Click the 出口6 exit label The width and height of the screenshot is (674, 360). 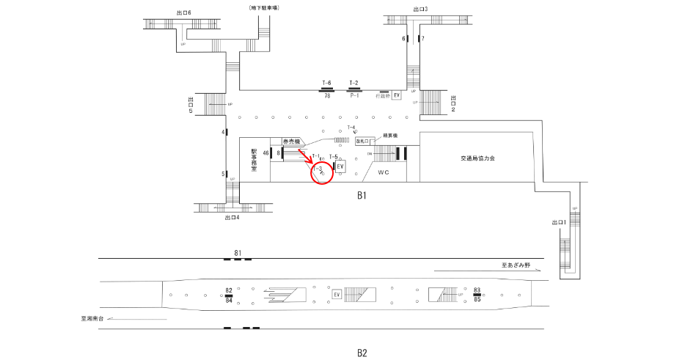(184, 12)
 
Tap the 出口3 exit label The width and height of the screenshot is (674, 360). (420, 10)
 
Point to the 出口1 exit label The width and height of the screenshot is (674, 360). (559, 222)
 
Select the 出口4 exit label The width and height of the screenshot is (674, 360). (233, 218)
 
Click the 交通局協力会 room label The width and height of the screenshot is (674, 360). (479, 158)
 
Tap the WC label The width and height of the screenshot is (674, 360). (383, 173)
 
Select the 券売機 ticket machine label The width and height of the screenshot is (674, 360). (293, 141)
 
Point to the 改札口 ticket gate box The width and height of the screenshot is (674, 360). (365, 141)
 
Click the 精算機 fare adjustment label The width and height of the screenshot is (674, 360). (389, 136)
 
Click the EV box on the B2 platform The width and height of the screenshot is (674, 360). (337, 295)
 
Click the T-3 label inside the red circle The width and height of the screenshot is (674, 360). (318, 169)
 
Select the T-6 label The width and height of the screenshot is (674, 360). (327, 83)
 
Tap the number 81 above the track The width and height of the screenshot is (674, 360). (238, 254)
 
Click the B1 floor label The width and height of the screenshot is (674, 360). (362, 196)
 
